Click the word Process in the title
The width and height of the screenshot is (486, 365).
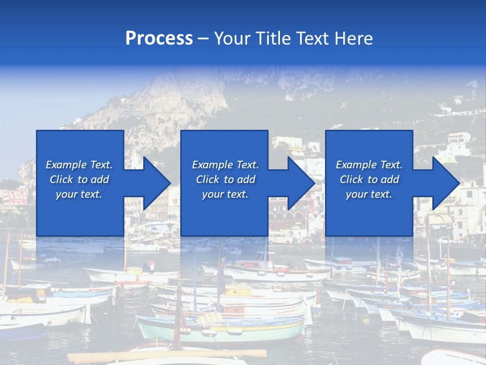point(159,38)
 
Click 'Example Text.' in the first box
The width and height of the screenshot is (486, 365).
point(79,165)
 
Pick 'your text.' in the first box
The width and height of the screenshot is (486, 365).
point(79,194)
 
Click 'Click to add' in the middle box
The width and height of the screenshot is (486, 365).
point(225,179)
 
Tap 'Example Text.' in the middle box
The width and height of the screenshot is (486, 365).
point(225,165)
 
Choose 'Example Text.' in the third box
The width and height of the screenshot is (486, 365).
point(369,165)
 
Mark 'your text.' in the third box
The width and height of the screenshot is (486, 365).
point(369,194)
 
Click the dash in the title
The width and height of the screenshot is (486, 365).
point(203,38)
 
